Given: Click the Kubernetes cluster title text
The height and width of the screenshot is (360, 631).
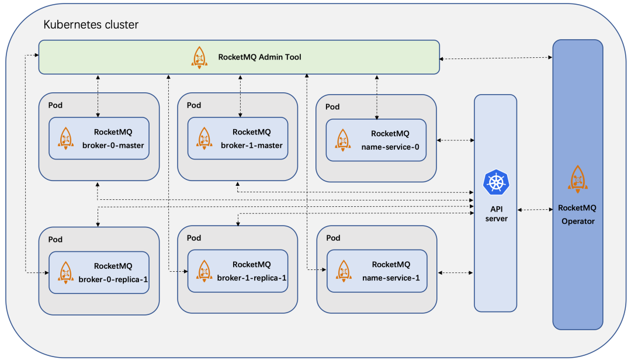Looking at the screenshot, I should click(x=91, y=25).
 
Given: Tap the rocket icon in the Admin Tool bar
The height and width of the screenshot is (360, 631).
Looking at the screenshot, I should click(x=199, y=57).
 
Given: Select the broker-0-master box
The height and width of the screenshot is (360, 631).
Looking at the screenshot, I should click(x=99, y=139).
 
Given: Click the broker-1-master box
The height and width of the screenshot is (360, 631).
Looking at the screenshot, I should click(x=237, y=139).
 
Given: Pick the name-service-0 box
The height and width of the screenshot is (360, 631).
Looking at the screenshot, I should click(x=376, y=140).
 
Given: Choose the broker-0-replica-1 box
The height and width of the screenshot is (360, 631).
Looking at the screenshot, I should click(x=99, y=272).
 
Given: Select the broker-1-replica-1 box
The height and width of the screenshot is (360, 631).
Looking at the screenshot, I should click(x=237, y=271).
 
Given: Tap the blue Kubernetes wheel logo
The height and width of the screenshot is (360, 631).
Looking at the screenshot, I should click(x=496, y=182).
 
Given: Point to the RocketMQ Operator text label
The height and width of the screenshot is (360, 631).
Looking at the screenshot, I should click(x=577, y=214).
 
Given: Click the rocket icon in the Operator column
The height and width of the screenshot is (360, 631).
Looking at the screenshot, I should click(x=577, y=179).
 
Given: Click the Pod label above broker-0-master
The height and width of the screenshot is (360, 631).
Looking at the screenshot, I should click(x=56, y=106).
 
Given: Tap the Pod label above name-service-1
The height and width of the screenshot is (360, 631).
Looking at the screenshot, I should click(x=333, y=238).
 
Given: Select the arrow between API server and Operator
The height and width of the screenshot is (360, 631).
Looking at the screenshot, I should click(x=535, y=210).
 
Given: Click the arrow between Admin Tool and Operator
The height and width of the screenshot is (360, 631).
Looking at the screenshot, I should click(x=496, y=57).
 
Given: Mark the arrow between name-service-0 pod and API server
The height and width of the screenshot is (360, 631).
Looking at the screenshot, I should click(x=455, y=140).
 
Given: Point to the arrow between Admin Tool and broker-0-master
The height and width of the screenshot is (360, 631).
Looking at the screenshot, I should click(x=98, y=96).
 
